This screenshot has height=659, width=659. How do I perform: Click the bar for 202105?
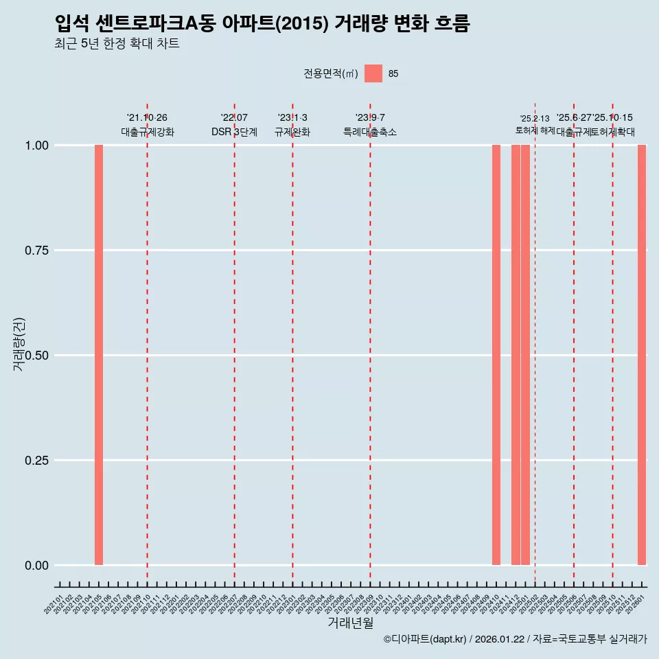[99, 355]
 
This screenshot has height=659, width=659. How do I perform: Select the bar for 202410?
[496, 355]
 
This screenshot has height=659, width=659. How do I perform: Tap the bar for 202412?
[516, 355]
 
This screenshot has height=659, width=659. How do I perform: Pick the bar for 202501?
[525, 355]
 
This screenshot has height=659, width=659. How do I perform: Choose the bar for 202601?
[642, 355]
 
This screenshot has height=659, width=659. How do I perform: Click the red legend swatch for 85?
[373, 73]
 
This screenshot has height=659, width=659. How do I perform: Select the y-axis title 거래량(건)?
[19, 345]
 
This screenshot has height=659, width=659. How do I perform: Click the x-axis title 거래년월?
[351, 623]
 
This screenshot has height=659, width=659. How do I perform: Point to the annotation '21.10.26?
[147, 118]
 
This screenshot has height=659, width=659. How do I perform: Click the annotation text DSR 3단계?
[234, 132]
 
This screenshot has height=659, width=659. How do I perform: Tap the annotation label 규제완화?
[292, 132]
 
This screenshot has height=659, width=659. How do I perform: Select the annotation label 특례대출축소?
[370, 132]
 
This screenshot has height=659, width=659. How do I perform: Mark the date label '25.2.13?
[535, 119]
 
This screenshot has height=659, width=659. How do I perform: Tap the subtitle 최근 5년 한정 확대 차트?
[117, 44]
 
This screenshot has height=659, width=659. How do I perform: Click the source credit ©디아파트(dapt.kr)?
[425, 639]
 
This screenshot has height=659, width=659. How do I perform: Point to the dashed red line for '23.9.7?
[371, 343]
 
